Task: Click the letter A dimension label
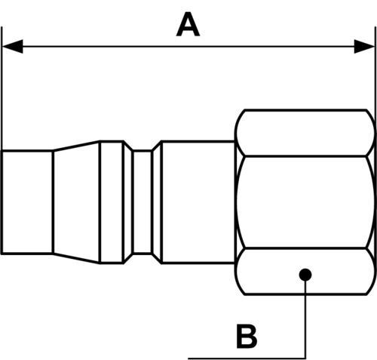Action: point(188,24)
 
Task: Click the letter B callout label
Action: point(247,337)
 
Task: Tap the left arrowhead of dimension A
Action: point(13,46)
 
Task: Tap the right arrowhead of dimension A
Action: point(364,46)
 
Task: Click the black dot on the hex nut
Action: point(305,275)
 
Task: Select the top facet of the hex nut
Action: point(305,133)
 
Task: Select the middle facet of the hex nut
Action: point(305,202)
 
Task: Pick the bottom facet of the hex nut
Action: point(305,271)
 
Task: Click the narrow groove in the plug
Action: point(143,202)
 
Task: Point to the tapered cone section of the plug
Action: point(76,202)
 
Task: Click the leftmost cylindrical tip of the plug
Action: point(27,202)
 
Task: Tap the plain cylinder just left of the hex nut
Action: point(198,202)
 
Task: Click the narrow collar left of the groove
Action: point(112,202)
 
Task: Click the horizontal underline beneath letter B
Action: point(247,358)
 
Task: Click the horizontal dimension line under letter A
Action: point(188,46)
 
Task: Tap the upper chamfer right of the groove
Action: point(157,146)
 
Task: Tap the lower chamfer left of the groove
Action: point(128,258)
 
